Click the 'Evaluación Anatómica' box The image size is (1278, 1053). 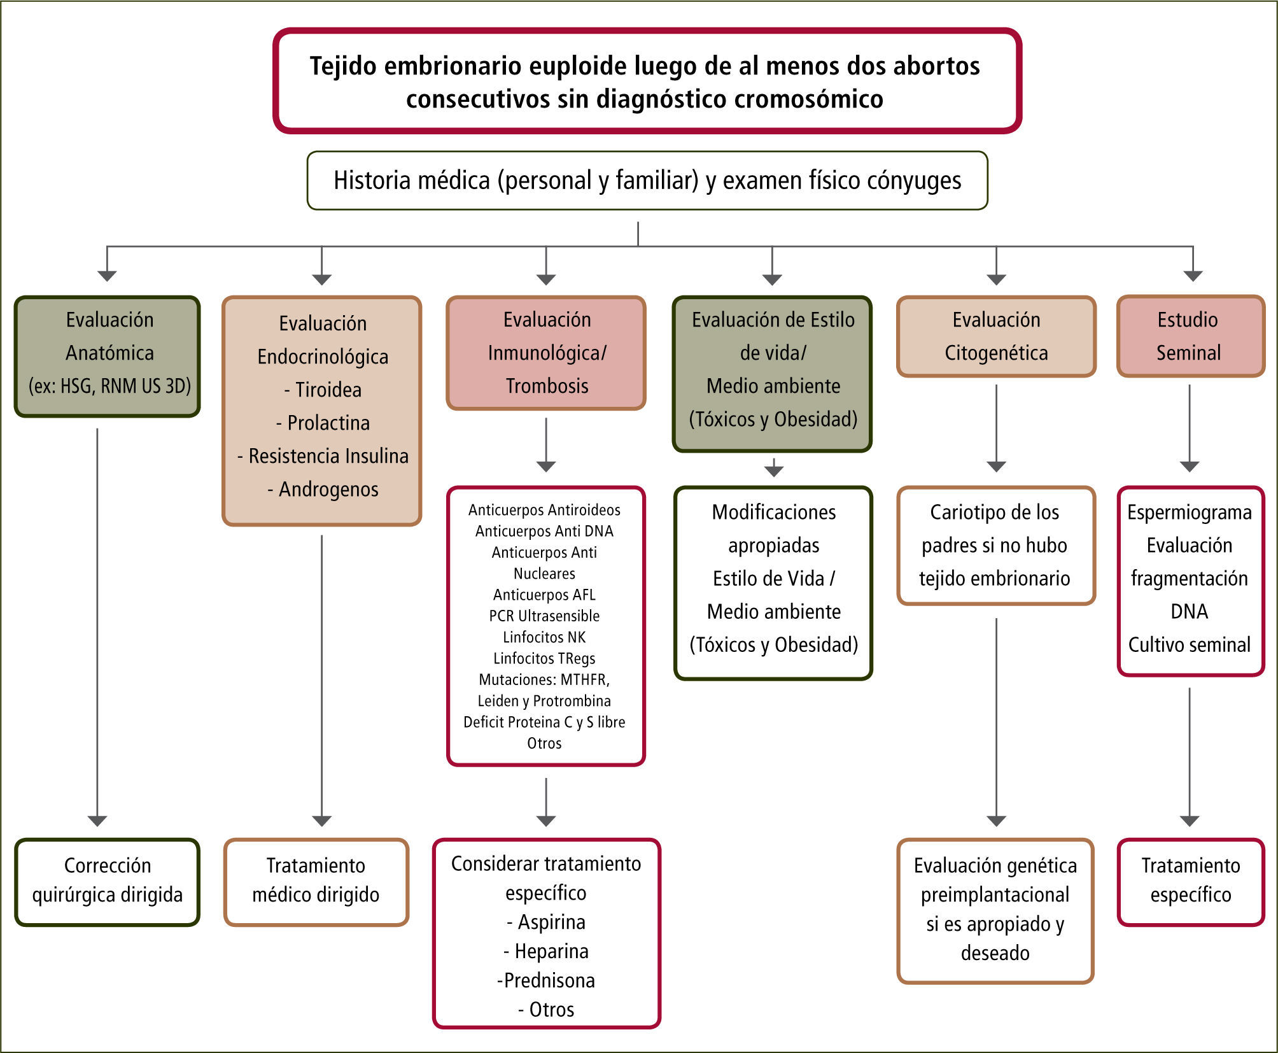click(x=108, y=355)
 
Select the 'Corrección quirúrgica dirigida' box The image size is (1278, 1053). click(x=108, y=881)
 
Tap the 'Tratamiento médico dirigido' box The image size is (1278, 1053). click(x=316, y=881)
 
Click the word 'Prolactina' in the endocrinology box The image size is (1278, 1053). click(x=328, y=423)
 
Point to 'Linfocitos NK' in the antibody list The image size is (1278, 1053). click(x=544, y=637)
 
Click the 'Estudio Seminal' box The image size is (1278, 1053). click(x=1190, y=336)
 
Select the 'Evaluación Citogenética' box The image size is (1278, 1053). click(x=996, y=336)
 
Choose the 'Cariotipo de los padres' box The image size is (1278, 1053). click(x=995, y=546)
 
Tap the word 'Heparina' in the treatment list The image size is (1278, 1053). click(x=551, y=951)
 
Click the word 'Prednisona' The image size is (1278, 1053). click(x=549, y=980)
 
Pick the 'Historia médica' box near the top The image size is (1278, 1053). click(x=647, y=181)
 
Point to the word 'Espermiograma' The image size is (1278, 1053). click(x=1190, y=512)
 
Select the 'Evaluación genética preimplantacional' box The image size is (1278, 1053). click(x=995, y=910)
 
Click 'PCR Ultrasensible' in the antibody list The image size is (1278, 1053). click(x=544, y=616)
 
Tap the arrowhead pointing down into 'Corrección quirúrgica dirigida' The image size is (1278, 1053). click(x=97, y=821)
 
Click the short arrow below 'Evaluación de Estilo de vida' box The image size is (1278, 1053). click(x=773, y=469)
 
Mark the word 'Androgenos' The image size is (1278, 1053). click(x=328, y=489)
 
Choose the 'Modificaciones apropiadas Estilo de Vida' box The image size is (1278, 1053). click(x=773, y=583)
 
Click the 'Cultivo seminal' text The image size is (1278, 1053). click(x=1190, y=645)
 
